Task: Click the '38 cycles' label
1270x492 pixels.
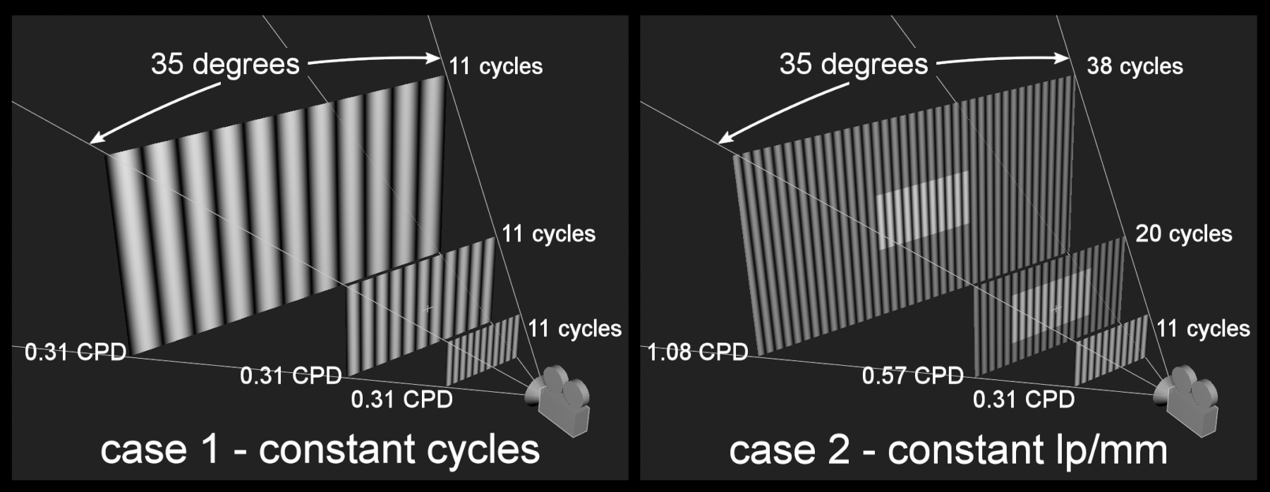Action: point(1135,66)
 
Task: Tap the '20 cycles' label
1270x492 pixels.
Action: point(1183,234)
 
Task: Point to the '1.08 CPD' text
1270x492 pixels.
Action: point(698,351)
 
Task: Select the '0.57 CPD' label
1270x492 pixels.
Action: point(913,376)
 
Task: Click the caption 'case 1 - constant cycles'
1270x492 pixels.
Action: point(320,449)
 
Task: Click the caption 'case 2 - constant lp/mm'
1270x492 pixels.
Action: point(948,449)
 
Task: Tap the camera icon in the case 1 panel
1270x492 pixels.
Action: point(557,400)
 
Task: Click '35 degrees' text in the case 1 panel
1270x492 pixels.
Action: point(225,64)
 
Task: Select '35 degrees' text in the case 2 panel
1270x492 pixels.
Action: point(854,64)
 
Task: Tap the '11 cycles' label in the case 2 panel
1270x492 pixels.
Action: point(1203,328)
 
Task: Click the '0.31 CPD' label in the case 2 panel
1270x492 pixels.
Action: point(1024,400)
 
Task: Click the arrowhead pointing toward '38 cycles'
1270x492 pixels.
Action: point(1063,59)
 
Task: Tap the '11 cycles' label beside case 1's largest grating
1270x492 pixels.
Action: point(496,66)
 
